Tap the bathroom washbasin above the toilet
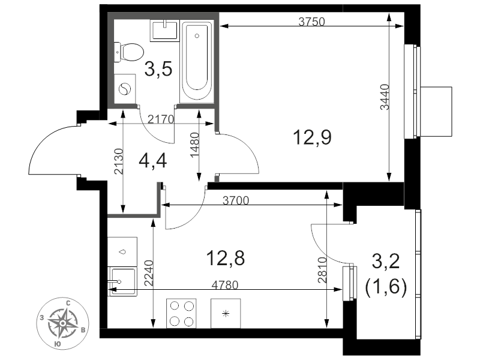[164, 31]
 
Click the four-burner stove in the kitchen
[181, 313]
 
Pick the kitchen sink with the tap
[122, 281]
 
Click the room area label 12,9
[312, 137]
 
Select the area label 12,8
[226, 258]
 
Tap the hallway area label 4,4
[153, 161]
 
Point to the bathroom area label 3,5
[158, 68]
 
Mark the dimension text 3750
[311, 22]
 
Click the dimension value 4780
[225, 285]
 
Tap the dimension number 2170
[161, 119]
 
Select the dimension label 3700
[236, 200]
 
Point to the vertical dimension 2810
[322, 269]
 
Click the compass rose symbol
[63, 323]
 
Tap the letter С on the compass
[68, 304]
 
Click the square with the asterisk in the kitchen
[226, 313]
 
